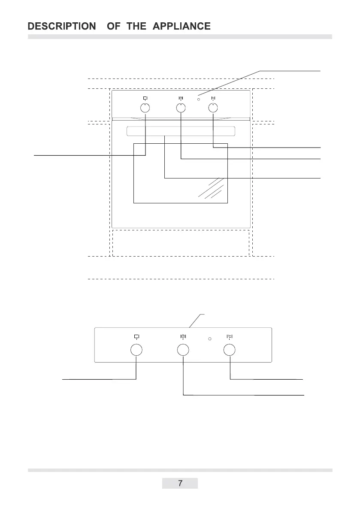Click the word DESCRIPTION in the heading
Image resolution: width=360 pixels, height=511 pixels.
62,26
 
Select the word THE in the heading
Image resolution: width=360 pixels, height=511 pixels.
136,26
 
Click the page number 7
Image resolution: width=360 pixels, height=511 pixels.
180,484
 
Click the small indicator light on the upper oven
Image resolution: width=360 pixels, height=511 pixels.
199,99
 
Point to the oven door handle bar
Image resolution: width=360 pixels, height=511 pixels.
181,131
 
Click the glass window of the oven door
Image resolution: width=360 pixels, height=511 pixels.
181,173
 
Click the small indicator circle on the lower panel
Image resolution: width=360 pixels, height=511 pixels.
209,339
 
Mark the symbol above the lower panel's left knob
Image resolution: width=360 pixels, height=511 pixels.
136,336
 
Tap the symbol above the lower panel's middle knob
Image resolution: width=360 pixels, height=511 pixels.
183,336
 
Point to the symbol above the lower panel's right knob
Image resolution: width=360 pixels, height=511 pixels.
230,336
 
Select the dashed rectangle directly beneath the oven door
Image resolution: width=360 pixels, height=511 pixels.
181,243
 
